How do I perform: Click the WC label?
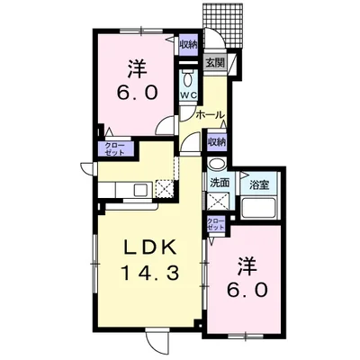(x=189, y=95)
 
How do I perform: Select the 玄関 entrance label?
(x=215, y=63)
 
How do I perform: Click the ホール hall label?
(x=210, y=114)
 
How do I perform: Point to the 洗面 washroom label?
(x=220, y=183)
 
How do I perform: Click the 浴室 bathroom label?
(x=259, y=184)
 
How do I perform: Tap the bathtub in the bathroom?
(x=260, y=207)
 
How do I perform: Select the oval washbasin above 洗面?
(x=218, y=164)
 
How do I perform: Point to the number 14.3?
(x=149, y=274)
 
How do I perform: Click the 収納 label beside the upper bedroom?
(x=188, y=45)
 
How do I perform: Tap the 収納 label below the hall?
(x=217, y=141)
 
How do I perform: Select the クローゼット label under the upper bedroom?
(x=114, y=149)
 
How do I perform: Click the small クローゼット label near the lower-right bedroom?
(x=216, y=224)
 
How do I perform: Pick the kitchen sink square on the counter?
(x=141, y=190)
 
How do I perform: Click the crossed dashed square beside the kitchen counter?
(x=165, y=189)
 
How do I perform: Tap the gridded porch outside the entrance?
(x=222, y=25)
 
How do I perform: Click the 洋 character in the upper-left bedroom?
(x=138, y=69)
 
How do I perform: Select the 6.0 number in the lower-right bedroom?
(x=247, y=290)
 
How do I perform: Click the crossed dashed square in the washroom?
(x=218, y=201)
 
